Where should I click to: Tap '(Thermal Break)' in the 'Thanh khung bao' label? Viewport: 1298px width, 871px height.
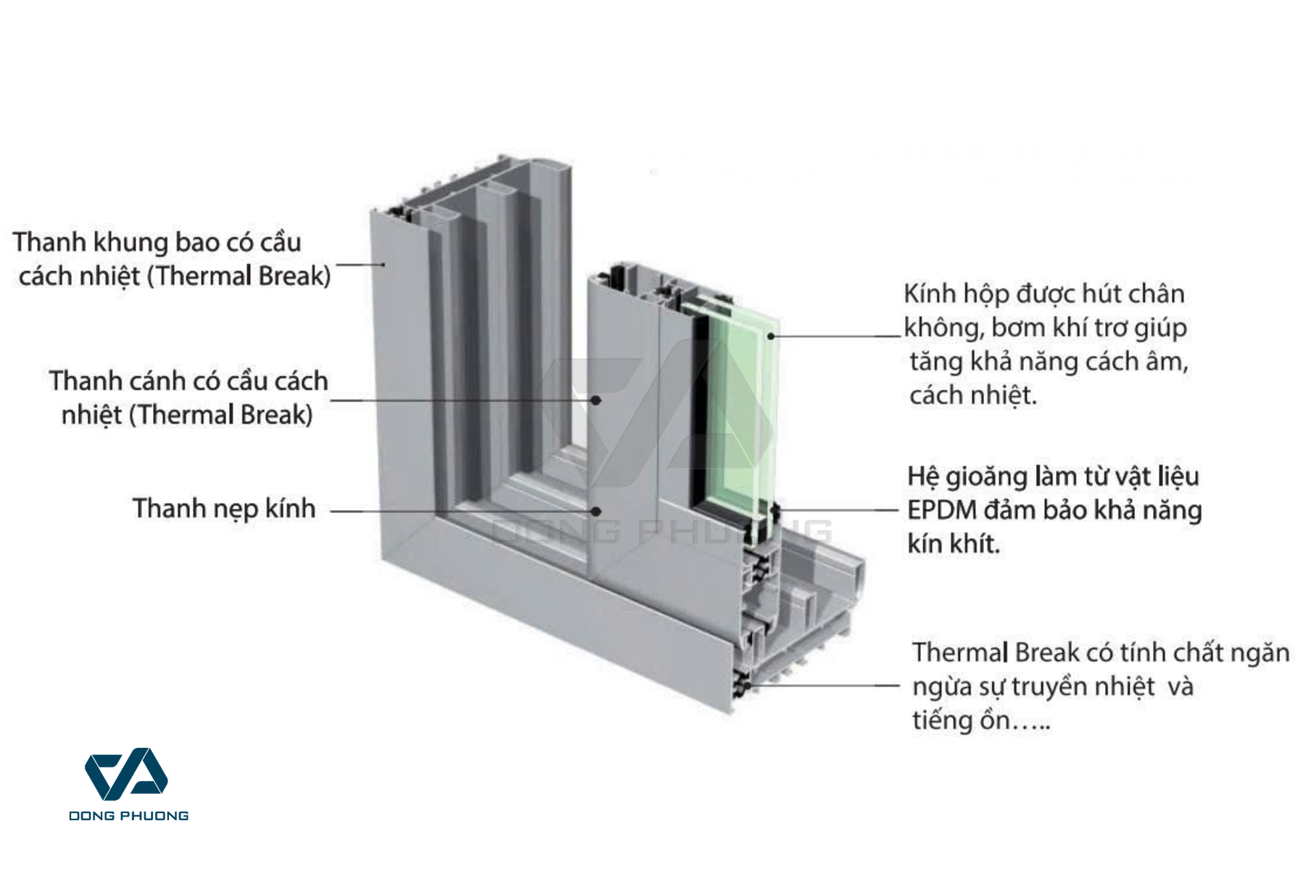[x=239, y=276]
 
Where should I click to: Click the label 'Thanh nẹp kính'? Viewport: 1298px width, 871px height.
[x=224, y=509]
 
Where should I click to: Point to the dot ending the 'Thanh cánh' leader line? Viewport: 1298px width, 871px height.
[x=595, y=400]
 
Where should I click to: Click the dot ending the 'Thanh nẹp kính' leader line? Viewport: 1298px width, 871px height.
[x=595, y=511]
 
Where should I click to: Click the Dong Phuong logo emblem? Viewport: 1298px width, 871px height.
[x=127, y=775]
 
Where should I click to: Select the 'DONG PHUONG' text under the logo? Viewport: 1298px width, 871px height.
[x=128, y=816]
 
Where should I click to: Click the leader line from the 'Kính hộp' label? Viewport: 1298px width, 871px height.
[x=834, y=336]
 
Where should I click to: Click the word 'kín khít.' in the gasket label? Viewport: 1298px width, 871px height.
[x=954, y=543]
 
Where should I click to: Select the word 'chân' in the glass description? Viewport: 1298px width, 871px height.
[x=1158, y=294]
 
